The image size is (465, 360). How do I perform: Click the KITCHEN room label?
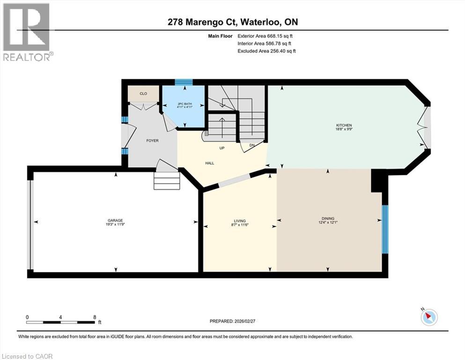(x=343, y=125)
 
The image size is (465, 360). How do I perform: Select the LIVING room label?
(x=240, y=221)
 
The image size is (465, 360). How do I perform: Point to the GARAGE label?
(x=116, y=220)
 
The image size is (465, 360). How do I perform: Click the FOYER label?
(x=152, y=141)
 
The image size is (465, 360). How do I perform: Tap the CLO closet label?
(x=143, y=94)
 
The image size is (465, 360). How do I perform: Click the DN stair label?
(x=251, y=145)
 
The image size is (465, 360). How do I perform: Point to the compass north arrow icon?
(x=428, y=317)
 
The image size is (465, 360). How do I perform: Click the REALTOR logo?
(x=27, y=32)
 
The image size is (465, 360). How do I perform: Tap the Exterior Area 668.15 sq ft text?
(x=266, y=36)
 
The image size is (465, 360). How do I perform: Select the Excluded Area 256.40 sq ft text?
(x=266, y=51)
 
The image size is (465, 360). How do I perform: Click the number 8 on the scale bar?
(x=95, y=317)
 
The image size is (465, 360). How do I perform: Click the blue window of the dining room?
(x=385, y=229)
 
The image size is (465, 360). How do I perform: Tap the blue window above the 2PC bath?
(x=184, y=82)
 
